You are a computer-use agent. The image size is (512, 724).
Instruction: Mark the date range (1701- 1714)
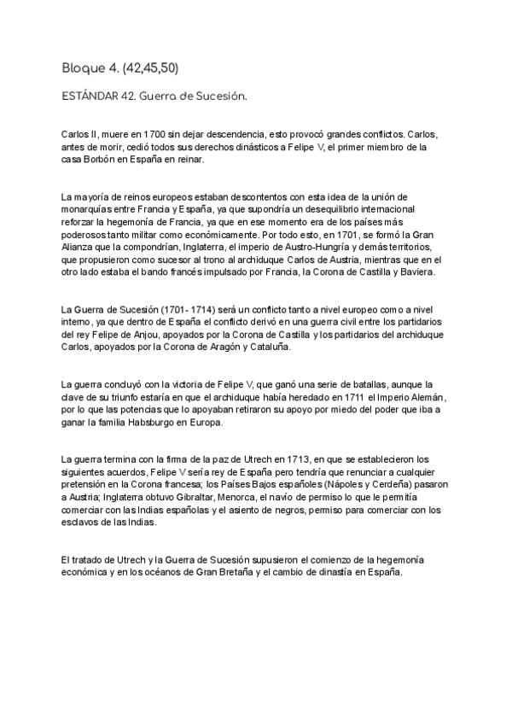click(166, 308)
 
